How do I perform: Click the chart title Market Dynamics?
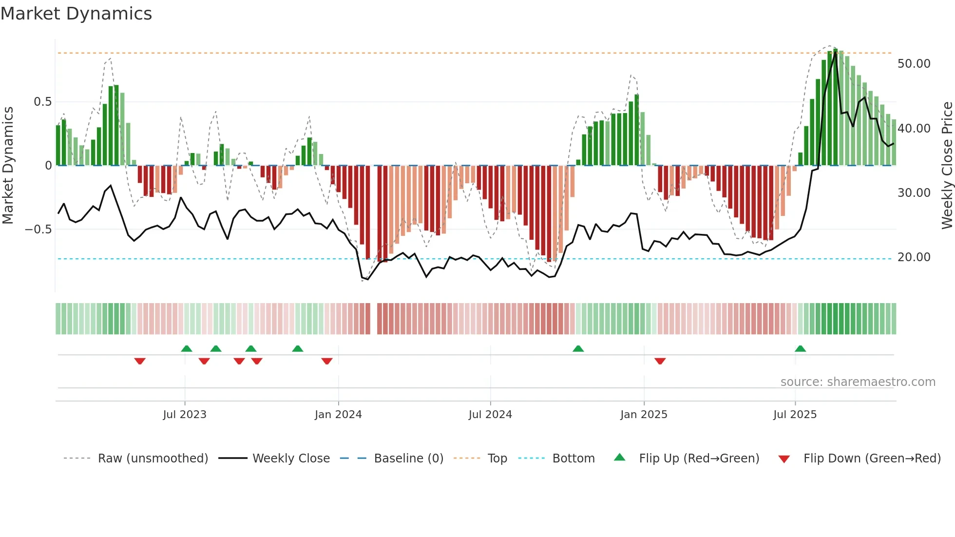[x=76, y=14]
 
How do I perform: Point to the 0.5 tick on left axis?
[x=42, y=102]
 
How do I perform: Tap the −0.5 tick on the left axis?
[x=38, y=230]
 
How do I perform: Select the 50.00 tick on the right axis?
[x=914, y=64]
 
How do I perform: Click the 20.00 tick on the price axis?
[x=914, y=257]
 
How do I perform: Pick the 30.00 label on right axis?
[x=914, y=193]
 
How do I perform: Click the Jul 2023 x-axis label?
[x=185, y=415]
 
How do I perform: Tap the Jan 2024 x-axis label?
[x=338, y=415]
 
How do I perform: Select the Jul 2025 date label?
[x=795, y=415]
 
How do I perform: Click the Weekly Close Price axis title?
[x=947, y=165]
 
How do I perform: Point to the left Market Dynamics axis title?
[x=8, y=165]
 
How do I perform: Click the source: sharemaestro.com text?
[x=858, y=382]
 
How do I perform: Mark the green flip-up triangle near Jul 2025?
[x=800, y=348]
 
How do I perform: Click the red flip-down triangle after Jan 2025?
[x=660, y=361]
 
